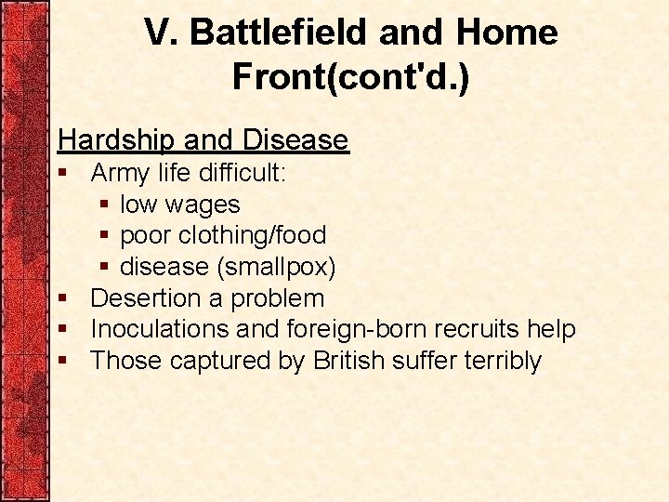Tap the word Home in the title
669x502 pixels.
(x=507, y=33)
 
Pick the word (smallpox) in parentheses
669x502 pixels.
(x=276, y=268)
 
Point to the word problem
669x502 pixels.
(x=277, y=298)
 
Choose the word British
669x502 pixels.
(x=348, y=361)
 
